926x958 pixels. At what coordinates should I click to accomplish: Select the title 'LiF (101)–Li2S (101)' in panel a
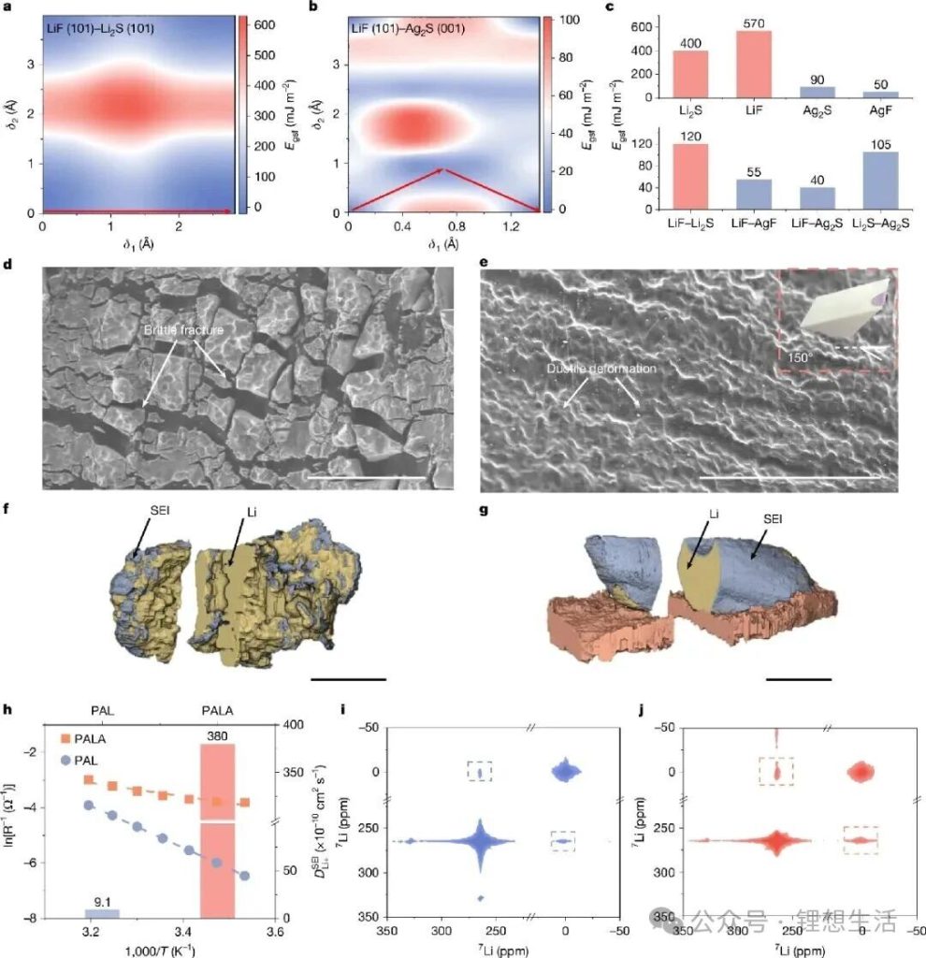(101, 29)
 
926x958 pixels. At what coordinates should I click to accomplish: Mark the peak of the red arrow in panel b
(443, 170)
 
